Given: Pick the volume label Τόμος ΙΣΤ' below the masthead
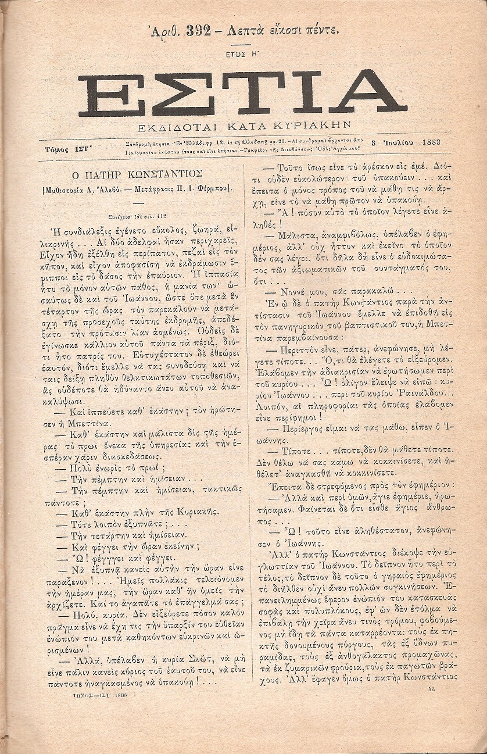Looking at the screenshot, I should (65, 149).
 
